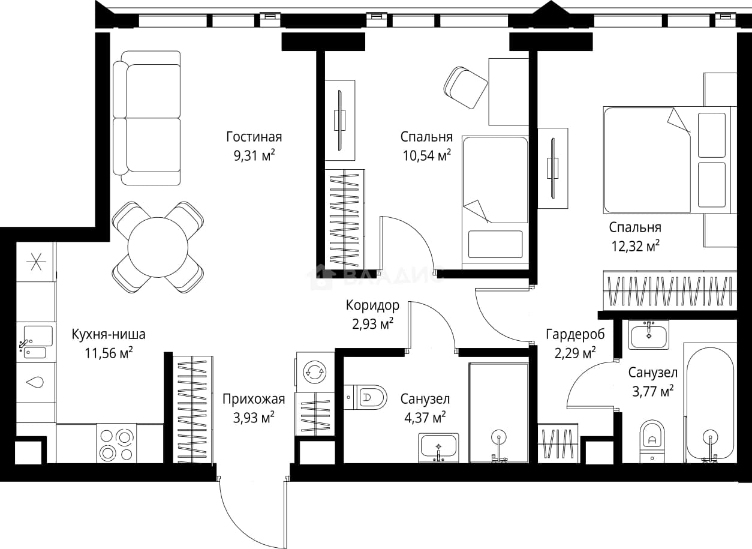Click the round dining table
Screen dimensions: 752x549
[x=158, y=247]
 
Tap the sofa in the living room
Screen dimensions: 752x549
[x=147, y=118]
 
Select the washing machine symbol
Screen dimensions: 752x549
[x=315, y=372]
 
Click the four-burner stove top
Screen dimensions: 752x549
[x=116, y=443]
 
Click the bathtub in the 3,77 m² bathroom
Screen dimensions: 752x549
[x=710, y=403]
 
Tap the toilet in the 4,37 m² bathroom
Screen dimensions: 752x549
[x=365, y=398]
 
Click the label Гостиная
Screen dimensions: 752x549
[x=254, y=137]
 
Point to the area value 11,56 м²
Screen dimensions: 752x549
[x=109, y=353]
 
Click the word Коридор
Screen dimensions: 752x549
[x=372, y=305]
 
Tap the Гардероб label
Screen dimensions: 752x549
[x=576, y=334]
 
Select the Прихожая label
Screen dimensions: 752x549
[x=254, y=399]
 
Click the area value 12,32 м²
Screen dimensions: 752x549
[x=636, y=246]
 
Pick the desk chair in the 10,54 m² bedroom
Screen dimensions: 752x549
[x=465, y=88]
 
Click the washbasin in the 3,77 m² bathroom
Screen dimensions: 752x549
[x=649, y=334]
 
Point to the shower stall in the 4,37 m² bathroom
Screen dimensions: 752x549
[x=499, y=413]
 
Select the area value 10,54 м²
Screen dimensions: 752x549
[x=427, y=155]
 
